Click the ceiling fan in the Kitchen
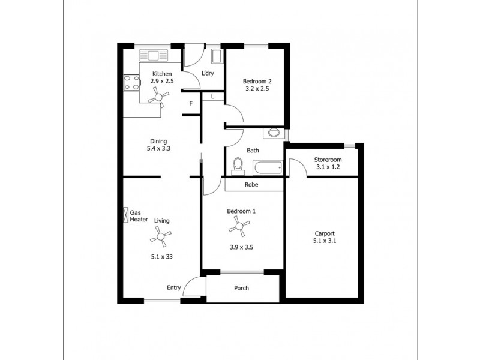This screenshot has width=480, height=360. (158, 95)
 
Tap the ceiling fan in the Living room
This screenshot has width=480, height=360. (160, 238)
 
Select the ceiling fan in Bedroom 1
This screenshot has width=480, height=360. (239, 226)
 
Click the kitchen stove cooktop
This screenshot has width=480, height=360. (130, 83)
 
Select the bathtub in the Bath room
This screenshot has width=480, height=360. (268, 167)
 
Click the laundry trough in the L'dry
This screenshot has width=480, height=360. (217, 57)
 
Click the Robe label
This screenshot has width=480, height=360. (251, 185)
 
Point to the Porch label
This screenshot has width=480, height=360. (241, 288)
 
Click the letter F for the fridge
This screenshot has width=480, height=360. (191, 104)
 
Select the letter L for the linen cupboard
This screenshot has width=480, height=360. (212, 97)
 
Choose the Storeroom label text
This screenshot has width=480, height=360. (328, 160)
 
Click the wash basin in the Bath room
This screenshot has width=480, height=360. (274, 131)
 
